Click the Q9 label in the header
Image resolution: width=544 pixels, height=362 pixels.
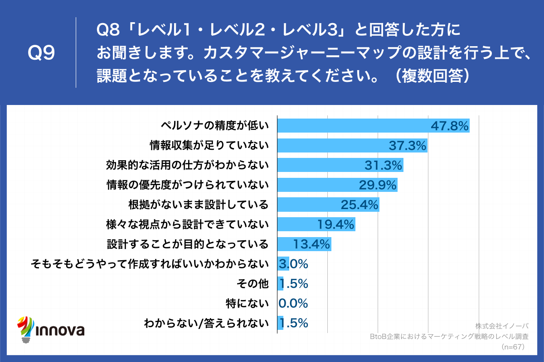(x=41, y=53)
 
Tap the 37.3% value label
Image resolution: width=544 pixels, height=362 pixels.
(x=408, y=145)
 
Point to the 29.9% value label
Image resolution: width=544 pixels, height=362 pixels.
(x=378, y=185)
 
